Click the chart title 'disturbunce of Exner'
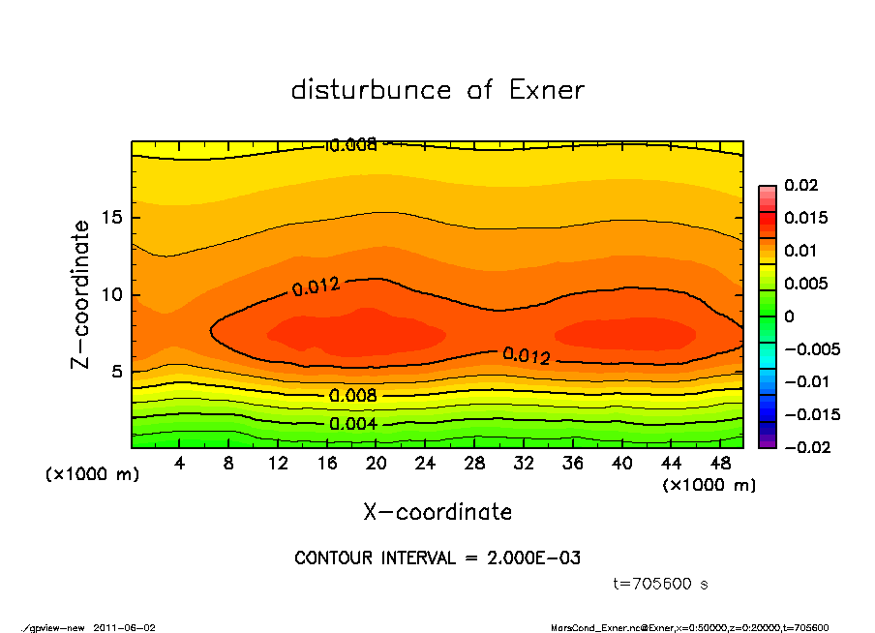point(437,90)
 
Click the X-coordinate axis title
point(437,512)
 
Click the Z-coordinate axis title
point(81,294)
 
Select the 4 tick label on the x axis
point(180,463)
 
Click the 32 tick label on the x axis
point(524,463)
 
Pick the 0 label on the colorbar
point(789,316)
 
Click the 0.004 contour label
point(352,424)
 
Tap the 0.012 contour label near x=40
point(527,356)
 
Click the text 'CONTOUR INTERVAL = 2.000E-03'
point(437,558)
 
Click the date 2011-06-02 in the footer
point(124,627)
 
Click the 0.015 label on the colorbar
point(804,218)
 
